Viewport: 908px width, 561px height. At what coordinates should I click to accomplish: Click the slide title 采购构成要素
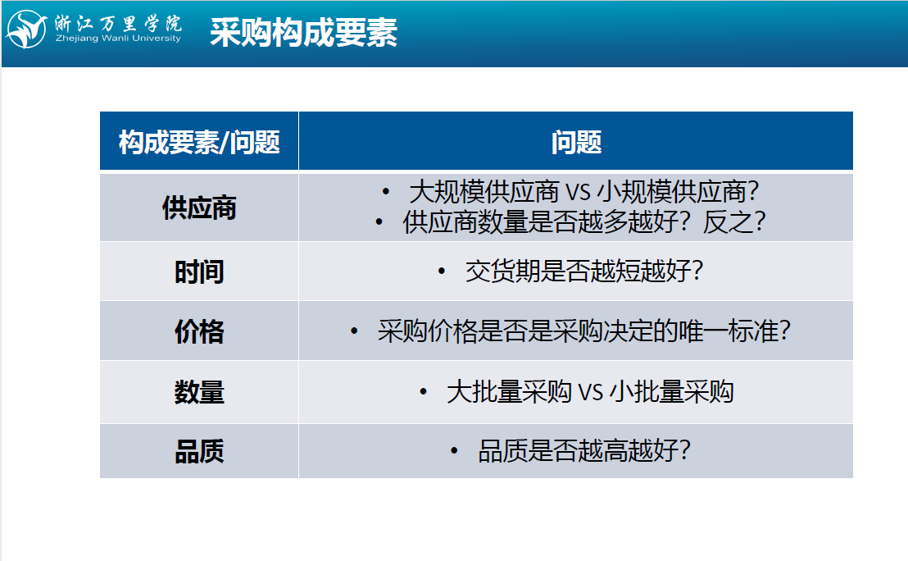tap(303, 32)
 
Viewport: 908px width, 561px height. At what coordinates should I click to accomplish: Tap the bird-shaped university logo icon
tap(26, 29)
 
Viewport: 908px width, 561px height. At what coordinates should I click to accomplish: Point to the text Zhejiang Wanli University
tap(118, 39)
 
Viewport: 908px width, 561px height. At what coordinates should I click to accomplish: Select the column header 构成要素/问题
tap(199, 142)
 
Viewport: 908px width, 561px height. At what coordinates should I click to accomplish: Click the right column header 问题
tap(576, 142)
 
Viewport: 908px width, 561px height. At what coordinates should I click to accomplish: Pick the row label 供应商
tap(199, 208)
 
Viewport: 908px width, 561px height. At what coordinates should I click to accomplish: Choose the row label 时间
tap(199, 271)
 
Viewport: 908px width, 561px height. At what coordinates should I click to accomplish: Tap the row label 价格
tap(199, 331)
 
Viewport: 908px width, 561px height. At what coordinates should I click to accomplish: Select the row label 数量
tap(199, 392)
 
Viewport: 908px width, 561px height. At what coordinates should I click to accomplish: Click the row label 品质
tap(199, 451)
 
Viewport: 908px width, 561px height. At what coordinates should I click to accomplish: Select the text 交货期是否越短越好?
tap(583, 271)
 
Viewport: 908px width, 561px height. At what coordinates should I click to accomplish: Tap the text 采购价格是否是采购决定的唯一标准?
tap(583, 331)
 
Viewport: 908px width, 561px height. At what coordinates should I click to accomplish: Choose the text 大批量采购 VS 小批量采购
tap(590, 392)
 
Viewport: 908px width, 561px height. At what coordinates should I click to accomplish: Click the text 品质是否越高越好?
tap(583, 451)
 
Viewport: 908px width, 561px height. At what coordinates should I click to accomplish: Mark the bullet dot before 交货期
tap(442, 271)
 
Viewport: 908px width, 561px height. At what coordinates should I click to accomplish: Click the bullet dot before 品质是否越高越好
tap(455, 450)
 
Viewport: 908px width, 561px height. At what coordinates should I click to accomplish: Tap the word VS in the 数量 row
tap(591, 392)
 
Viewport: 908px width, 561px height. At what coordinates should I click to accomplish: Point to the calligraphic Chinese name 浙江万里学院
tap(118, 23)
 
